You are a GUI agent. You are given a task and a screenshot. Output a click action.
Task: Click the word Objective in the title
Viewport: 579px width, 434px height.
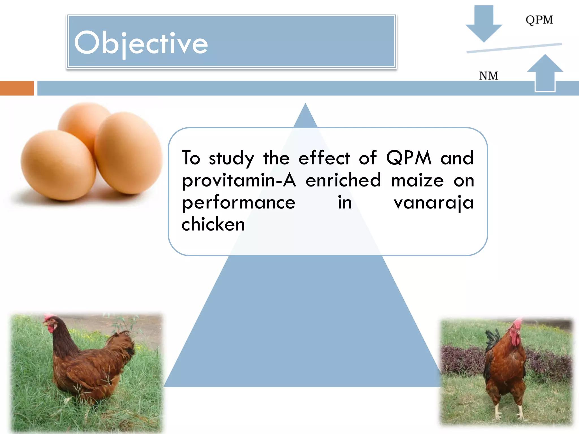pyautogui.click(x=141, y=43)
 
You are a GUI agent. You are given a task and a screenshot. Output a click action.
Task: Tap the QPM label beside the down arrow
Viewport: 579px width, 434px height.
pyautogui.click(x=539, y=20)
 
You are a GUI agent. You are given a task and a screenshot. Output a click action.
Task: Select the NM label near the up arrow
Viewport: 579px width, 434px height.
pyautogui.click(x=488, y=76)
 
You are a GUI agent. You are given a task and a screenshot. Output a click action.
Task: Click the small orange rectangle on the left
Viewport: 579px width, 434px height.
pyautogui.click(x=17, y=88)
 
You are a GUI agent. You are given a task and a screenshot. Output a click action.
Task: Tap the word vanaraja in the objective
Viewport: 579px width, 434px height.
pyautogui.click(x=433, y=203)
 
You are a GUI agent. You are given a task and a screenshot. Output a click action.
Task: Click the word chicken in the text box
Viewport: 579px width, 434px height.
pyautogui.click(x=213, y=224)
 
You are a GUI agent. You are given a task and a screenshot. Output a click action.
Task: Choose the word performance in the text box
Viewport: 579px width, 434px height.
pyautogui.click(x=239, y=203)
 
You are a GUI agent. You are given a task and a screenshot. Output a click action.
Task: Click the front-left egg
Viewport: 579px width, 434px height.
pyautogui.click(x=58, y=165)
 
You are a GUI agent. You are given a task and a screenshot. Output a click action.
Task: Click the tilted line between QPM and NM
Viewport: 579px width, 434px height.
pyautogui.click(x=514, y=48)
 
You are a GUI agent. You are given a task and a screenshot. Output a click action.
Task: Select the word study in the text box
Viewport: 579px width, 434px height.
pyautogui.click(x=231, y=158)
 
